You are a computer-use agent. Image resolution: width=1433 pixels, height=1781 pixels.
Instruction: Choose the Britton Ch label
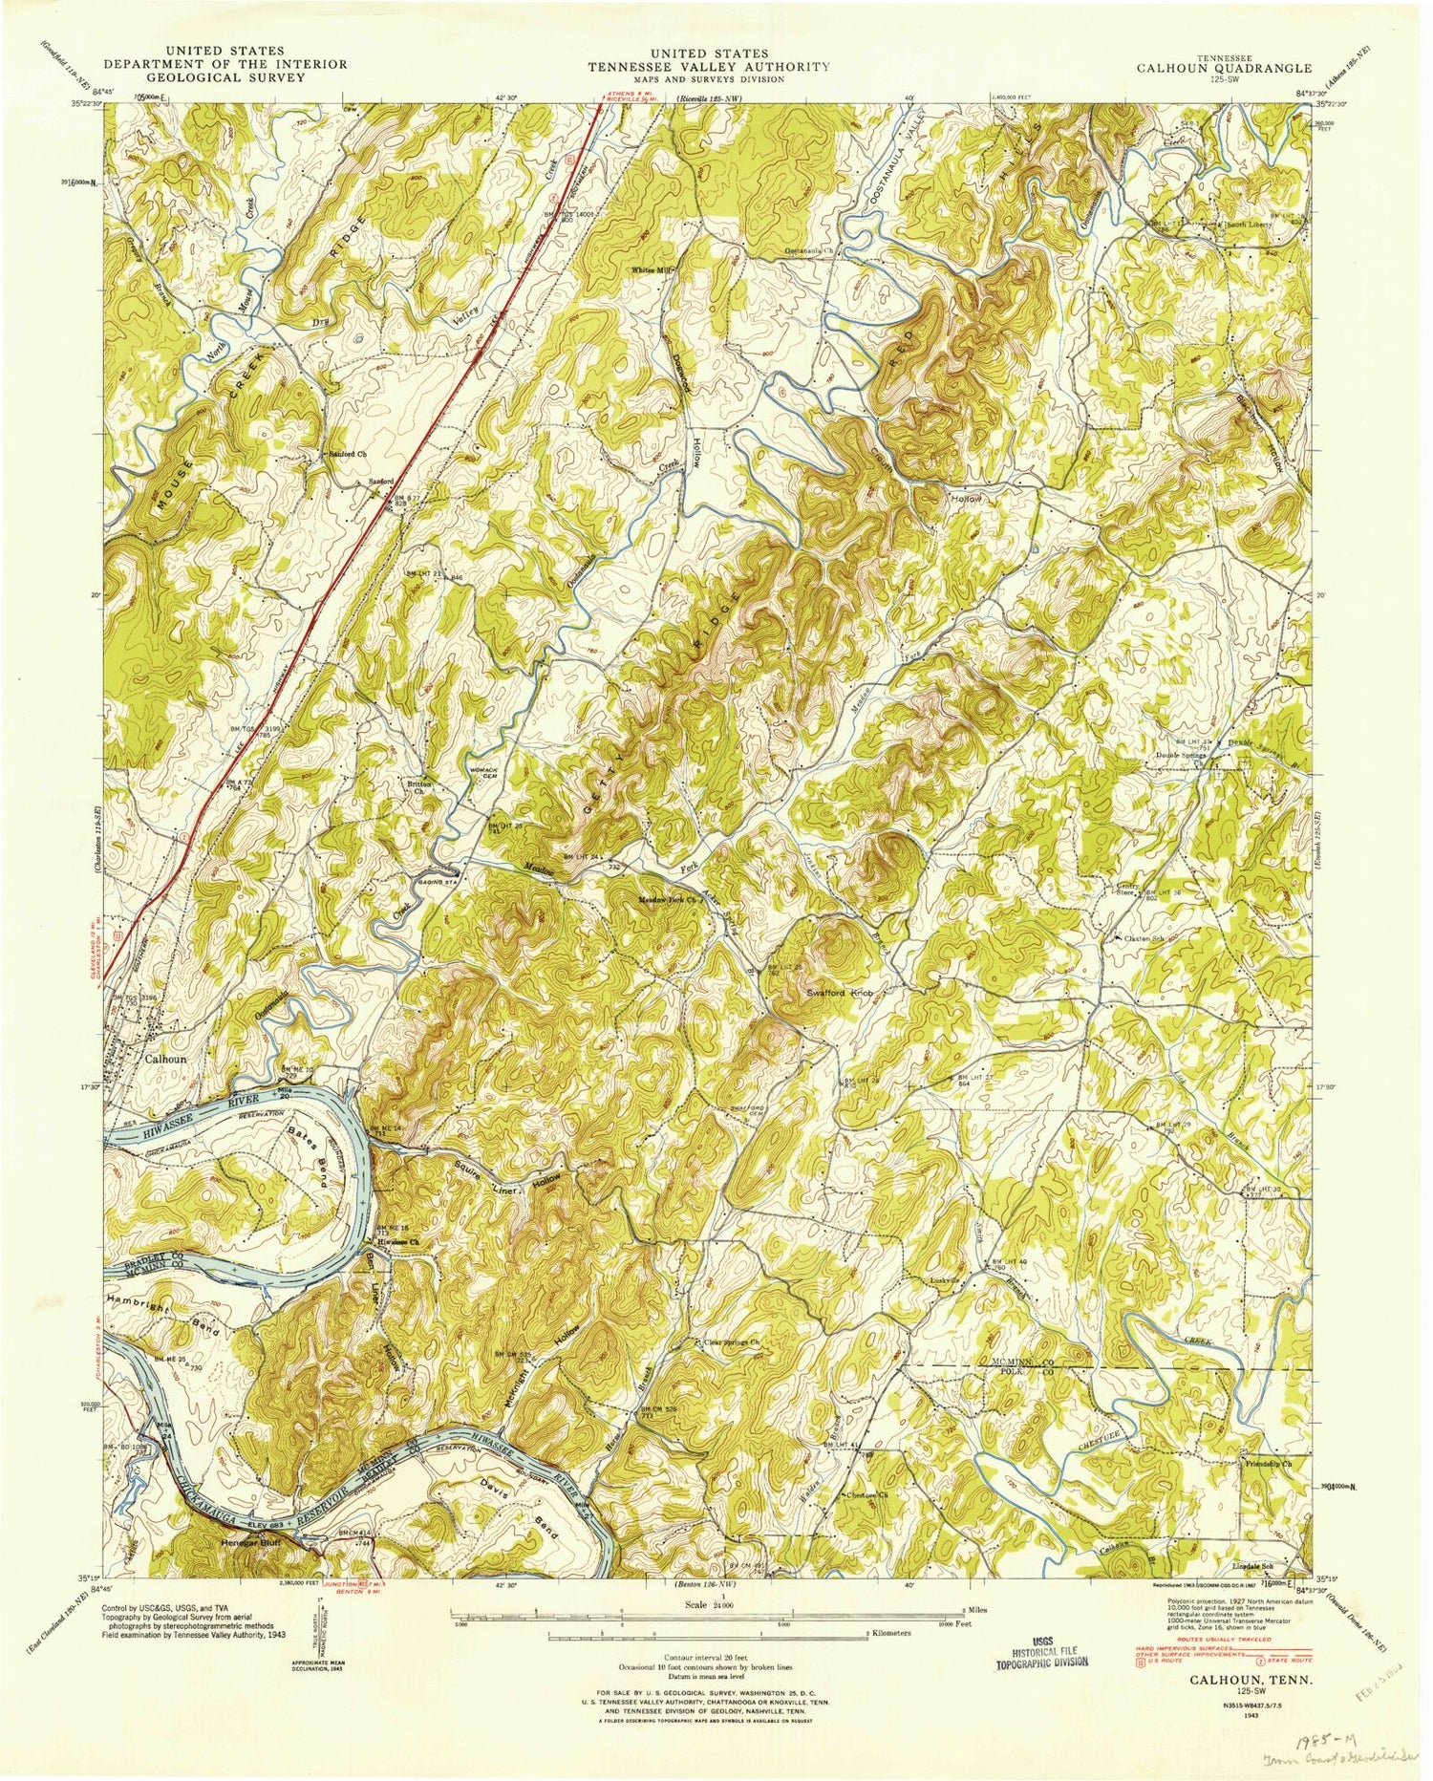point(416,788)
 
